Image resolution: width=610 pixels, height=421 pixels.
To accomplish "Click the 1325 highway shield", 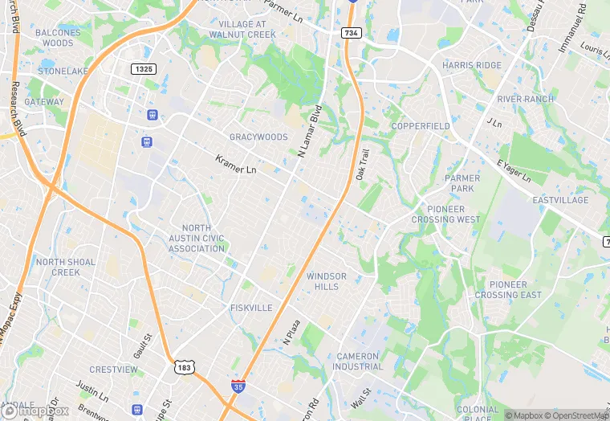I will coord(144,70).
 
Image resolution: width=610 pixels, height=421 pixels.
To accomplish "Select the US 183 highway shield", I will coord(184,366).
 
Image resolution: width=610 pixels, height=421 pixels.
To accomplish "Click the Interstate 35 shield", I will coord(238,386).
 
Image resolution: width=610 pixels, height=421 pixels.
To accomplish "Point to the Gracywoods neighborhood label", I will coord(258,137).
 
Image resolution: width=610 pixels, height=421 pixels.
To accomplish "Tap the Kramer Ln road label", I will coord(236,165).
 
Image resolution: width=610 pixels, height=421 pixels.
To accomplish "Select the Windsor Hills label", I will coord(327,281).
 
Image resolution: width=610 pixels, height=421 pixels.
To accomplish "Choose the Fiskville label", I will coord(251,308).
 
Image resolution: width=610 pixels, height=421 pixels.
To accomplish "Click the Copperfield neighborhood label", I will coord(420,127).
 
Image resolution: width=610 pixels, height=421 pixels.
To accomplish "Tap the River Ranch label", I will coord(526,99).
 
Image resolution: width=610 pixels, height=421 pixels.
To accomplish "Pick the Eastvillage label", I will coord(560,200).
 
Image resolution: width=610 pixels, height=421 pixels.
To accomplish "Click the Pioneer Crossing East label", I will coord(508,289).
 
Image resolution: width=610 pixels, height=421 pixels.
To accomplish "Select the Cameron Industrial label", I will coord(360,361).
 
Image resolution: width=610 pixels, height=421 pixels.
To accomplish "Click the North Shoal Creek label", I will coord(66,267).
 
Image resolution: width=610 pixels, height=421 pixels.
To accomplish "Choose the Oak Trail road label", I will coord(362,164).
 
